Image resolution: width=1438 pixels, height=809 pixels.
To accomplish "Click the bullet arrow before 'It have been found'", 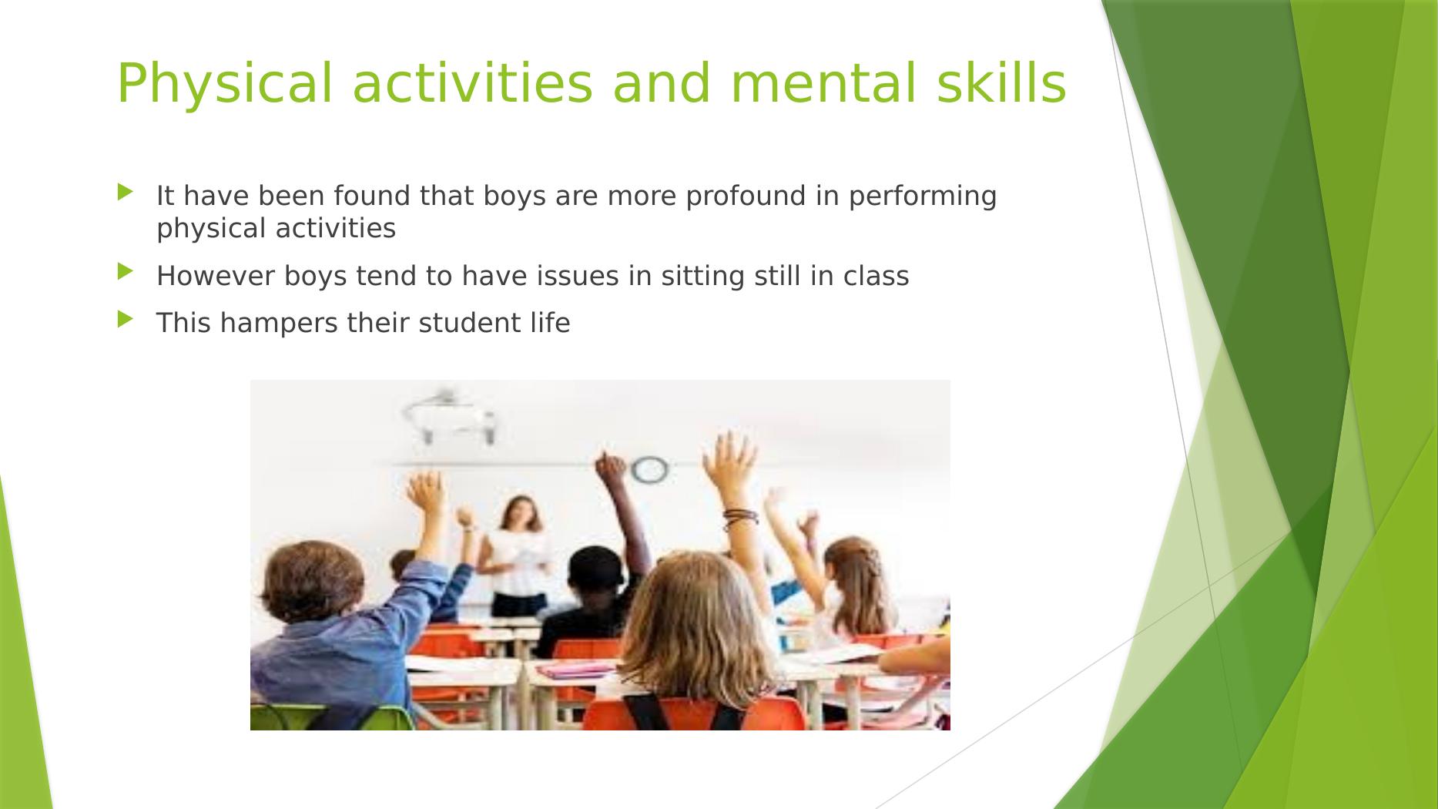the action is tap(126, 192).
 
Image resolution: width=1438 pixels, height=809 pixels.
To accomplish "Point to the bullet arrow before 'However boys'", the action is tap(126, 271).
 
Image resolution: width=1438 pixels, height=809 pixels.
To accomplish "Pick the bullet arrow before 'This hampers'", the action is tap(126, 318).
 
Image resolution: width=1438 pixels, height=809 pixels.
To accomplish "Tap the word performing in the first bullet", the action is tap(923, 197).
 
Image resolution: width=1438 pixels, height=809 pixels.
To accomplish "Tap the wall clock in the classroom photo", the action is tap(649, 469).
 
